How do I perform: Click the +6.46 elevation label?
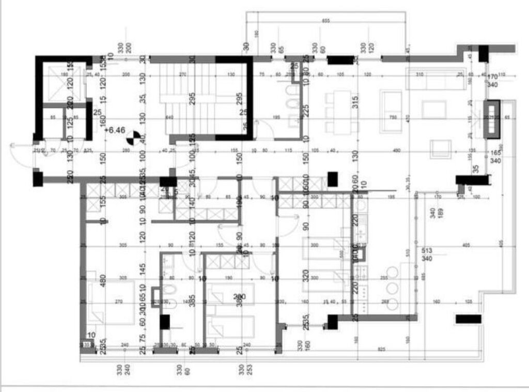coord(115,131)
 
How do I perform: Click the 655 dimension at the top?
coord(325,21)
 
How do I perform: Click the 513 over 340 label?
coord(427,254)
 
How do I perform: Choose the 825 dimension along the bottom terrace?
coord(381,350)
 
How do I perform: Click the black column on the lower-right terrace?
coord(468,319)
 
